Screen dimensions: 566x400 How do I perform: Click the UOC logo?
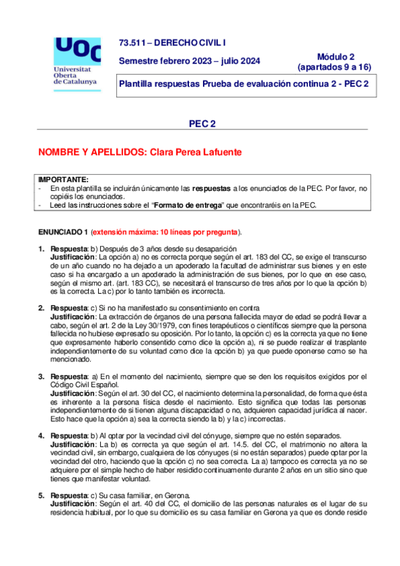click(x=77, y=51)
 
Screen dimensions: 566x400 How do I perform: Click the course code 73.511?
click(x=131, y=41)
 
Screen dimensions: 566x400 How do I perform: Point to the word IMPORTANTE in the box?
click(x=63, y=180)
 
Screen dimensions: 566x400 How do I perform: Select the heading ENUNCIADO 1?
click(x=63, y=232)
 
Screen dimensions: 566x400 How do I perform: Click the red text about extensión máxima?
click(x=166, y=232)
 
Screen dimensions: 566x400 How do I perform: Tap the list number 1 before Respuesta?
click(x=41, y=249)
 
